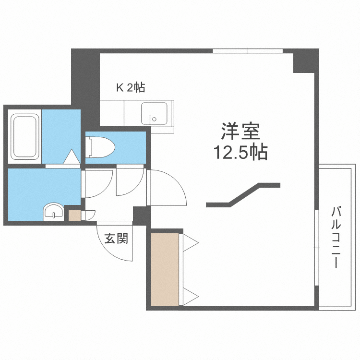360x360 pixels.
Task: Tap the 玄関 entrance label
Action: pyautogui.click(x=117, y=238)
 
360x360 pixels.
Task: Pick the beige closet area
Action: pyautogui.click(x=165, y=269)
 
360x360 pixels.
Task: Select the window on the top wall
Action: pyautogui.click(x=248, y=51)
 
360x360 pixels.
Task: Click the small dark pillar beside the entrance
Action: pyautogui.click(x=142, y=215)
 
